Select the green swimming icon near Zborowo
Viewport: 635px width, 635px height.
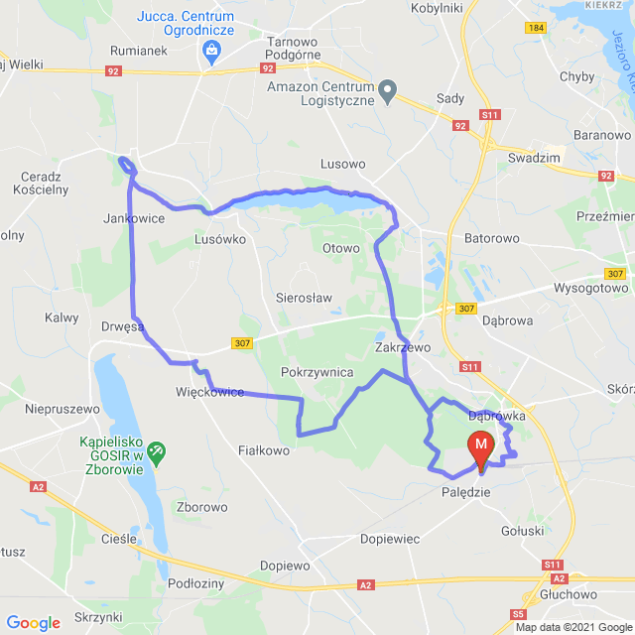156,452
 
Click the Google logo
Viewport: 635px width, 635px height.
33,622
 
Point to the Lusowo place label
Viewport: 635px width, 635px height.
343,163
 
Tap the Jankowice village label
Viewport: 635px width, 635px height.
133,218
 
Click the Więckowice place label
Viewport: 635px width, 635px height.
209,392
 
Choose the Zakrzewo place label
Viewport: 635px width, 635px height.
403,347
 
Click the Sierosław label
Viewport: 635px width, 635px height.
304,297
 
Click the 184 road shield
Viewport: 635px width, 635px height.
536,27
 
